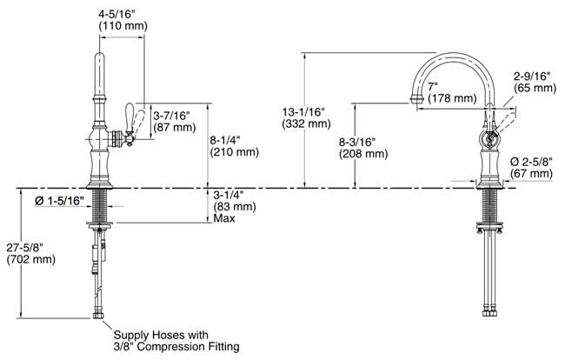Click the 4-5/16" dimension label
[x=116, y=15]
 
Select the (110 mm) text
[x=123, y=26]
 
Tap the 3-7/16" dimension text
[x=171, y=116]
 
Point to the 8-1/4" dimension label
[x=225, y=140]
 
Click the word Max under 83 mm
[x=224, y=218]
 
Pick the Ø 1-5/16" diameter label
[x=59, y=201]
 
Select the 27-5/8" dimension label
[x=25, y=247]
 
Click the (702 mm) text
[x=31, y=259]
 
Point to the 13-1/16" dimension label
[x=303, y=111]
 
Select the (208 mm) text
[x=363, y=154]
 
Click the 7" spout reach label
[x=432, y=86]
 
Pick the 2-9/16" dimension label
[x=532, y=76]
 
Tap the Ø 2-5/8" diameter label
[x=531, y=162]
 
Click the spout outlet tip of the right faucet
[x=417, y=97]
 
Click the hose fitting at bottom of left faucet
[x=97, y=315]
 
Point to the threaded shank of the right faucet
[x=489, y=206]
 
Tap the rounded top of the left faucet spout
[x=99, y=57]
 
